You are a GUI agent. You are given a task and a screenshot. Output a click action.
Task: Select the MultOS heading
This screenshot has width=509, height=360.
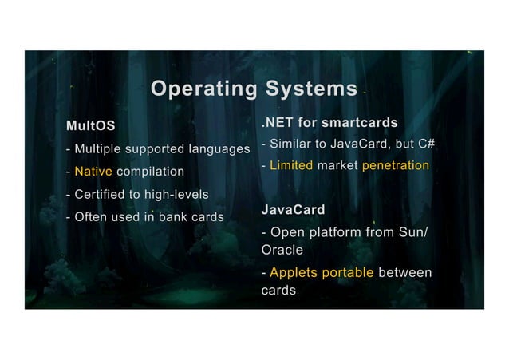(x=90, y=126)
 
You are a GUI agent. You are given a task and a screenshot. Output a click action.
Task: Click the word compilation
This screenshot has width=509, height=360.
(x=150, y=172)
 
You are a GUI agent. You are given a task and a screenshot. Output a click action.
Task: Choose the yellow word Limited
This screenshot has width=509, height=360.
(x=290, y=166)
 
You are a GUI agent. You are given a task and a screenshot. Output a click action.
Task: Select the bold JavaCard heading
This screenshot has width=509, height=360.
(x=293, y=210)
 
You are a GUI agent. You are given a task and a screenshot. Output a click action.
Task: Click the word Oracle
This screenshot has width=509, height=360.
(x=282, y=250)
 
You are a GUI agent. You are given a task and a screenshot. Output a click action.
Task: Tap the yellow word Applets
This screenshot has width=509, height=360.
(x=296, y=273)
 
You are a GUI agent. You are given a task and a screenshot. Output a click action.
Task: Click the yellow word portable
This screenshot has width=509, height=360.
(x=349, y=273)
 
